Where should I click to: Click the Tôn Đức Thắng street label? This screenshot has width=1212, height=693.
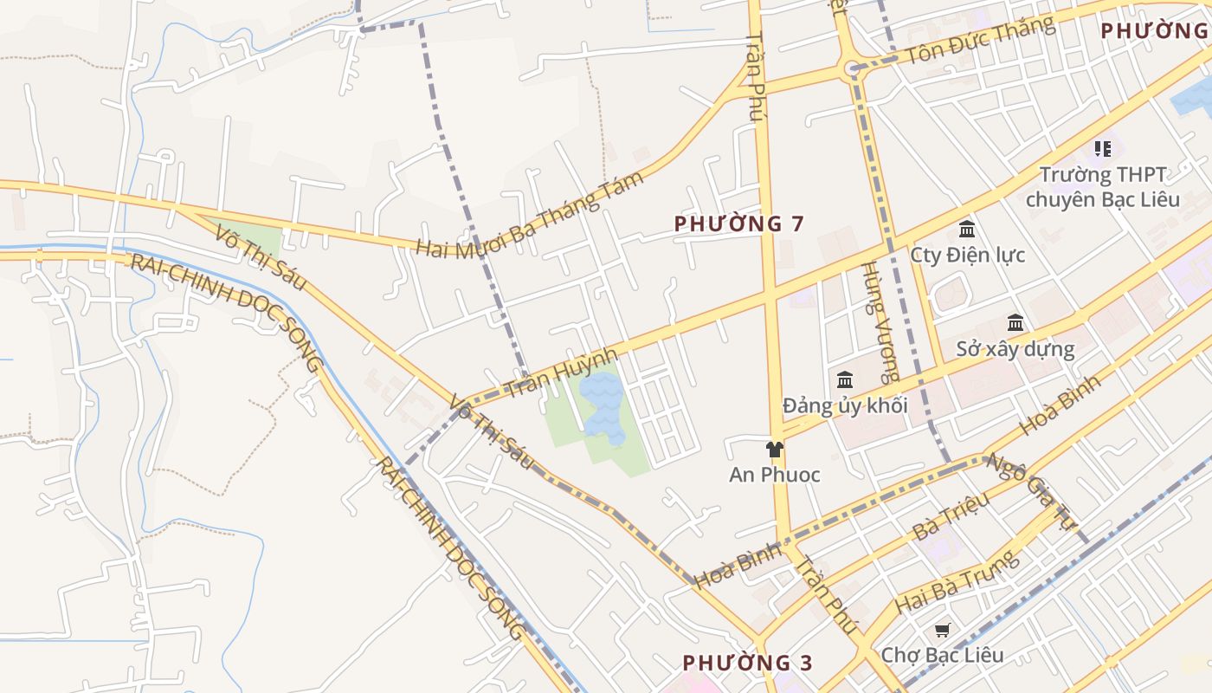[x=980, y=41]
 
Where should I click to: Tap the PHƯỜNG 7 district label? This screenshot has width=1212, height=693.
[x=739, y=223]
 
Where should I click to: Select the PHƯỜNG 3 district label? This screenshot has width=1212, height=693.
[x=747, y=663]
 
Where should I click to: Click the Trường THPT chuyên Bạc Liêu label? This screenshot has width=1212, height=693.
[x=1102, y=187]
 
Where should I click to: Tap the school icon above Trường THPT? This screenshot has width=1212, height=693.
[x=1102, y=149]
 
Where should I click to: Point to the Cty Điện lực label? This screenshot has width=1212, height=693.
[x=967, y=255]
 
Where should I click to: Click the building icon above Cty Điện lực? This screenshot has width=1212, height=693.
[x=967, y=230]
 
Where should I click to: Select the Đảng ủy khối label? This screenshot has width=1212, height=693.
[x=844, y=405]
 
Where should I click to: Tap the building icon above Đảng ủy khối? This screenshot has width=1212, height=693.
[x=845, y=379]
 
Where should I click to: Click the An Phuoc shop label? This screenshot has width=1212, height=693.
[x=774, y=475]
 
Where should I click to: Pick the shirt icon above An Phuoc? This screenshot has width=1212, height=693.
[x=774, y=449]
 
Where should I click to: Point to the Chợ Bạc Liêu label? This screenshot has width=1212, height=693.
[x=942, y=654]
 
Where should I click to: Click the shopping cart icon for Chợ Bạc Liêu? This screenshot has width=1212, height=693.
[x=942, y=630]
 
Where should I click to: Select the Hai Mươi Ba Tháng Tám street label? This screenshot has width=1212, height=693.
[x=531, y=215]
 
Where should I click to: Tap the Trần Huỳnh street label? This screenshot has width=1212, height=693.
[x=562, y=373]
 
